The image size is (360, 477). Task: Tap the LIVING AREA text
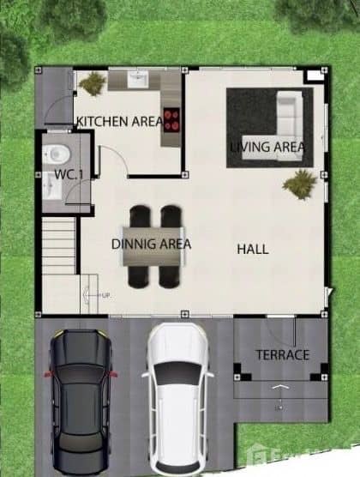point(267,147)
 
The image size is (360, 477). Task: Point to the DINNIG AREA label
point(151,244)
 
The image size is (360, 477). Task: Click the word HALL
point(253,250)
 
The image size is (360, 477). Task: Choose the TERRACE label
point(282,354)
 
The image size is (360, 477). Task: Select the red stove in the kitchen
point(171,118)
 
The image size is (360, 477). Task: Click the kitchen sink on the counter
point(138,80)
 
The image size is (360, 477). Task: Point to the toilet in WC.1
point(57,155)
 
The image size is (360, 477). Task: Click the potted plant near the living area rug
point(300,182)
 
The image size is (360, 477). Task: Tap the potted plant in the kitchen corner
point(93,83)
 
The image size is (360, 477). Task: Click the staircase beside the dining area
point(59,245)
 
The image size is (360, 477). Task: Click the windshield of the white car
point(178,372)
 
